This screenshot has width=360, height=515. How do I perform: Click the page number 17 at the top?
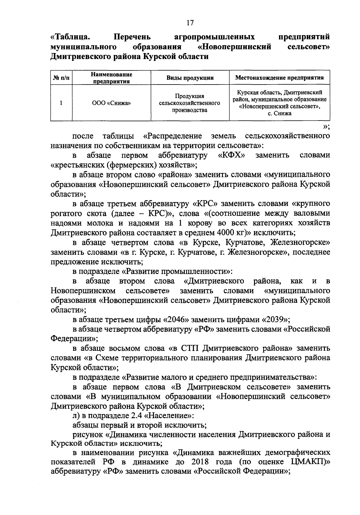[190, 23]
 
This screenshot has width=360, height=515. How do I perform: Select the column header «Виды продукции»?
[190, 78]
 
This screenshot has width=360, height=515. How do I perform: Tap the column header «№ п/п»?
[61, 78]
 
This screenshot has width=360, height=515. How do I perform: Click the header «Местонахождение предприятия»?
[279, 78]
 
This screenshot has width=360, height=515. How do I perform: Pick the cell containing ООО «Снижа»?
[111, 103]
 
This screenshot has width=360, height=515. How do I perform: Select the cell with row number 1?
[61, 103]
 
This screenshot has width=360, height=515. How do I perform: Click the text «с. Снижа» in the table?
[279, 114]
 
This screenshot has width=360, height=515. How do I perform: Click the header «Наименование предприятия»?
[111, 78]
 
